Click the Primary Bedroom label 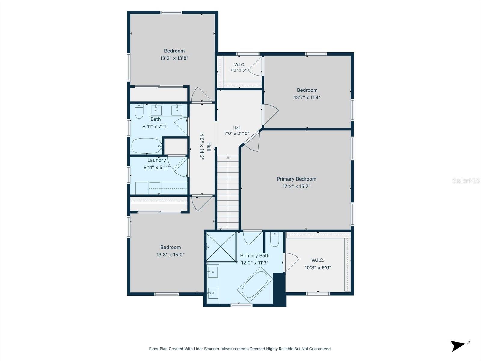coord(296,179)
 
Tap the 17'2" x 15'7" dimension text coord(296,186)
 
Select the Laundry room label coord(156,160)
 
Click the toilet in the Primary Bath coord(274,239)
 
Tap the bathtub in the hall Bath coord(146,146)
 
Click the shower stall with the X coord(221,247)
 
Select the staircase coord(228,192)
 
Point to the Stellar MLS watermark coord(466,180)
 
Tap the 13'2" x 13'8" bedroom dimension coord(174,58)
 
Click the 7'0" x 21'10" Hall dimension coord(237,133)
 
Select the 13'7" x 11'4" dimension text coord(307,97)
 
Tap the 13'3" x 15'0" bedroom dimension coord(170,255)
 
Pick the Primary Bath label coord(255,255)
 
